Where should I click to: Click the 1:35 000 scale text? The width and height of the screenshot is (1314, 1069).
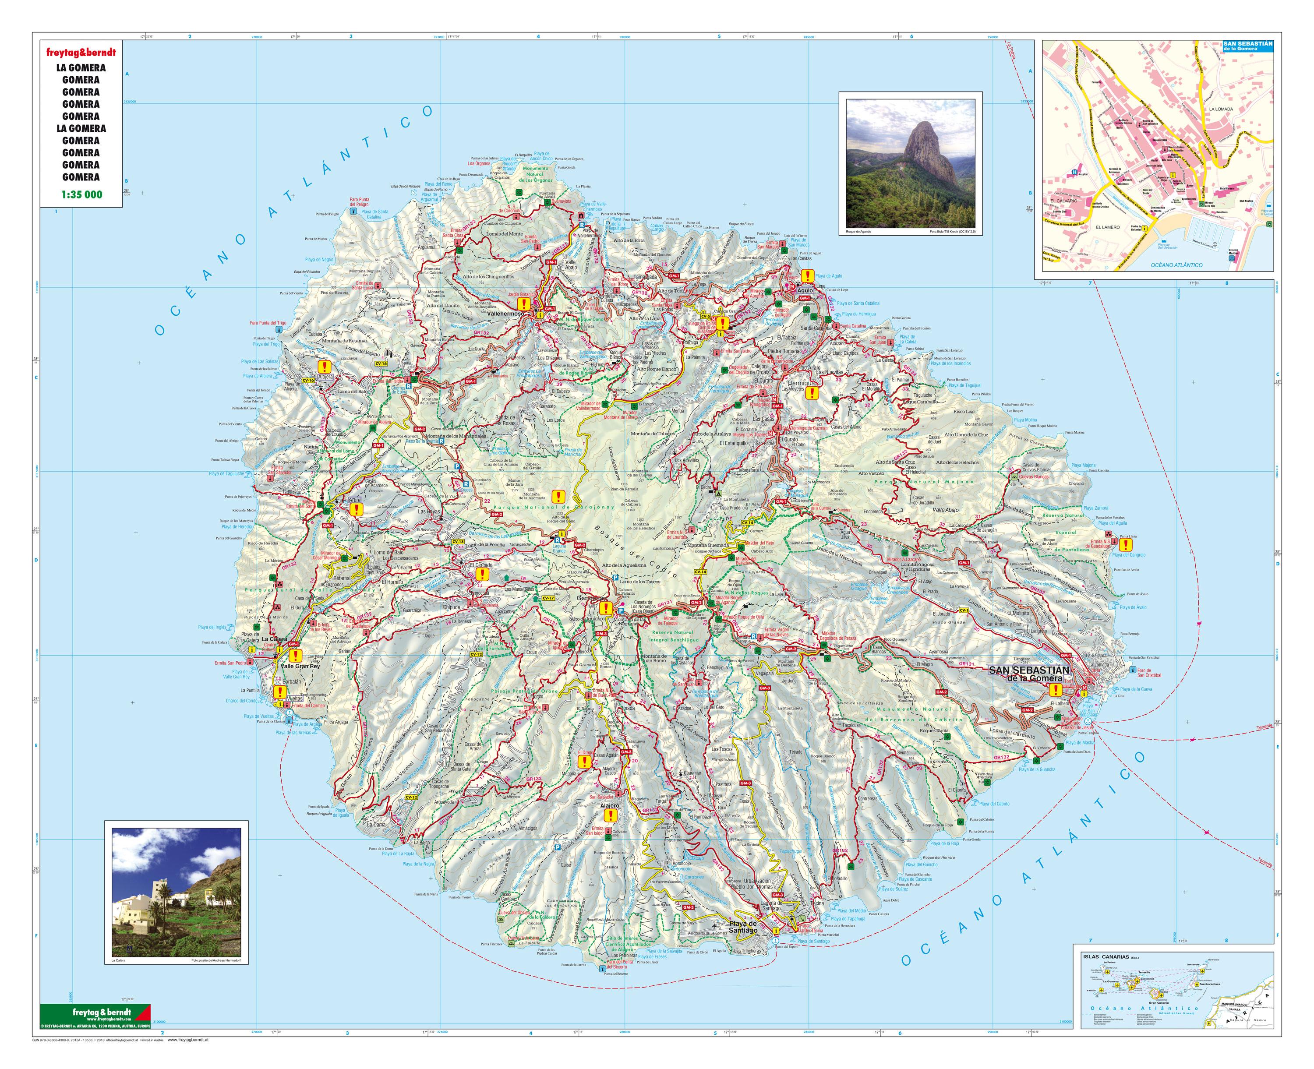[81, 194]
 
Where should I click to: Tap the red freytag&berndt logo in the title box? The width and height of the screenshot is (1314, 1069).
[81, 53]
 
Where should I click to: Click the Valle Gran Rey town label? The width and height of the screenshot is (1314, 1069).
[300, 666]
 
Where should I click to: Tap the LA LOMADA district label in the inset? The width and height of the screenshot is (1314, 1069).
[1220, 109]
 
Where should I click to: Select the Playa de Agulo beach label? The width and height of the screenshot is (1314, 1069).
[828, 276]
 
